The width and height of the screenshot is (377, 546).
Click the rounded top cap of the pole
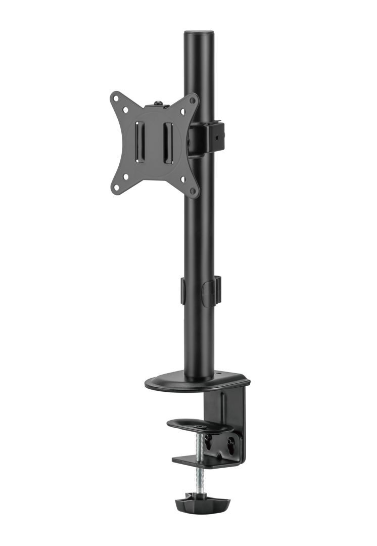click(199, 33)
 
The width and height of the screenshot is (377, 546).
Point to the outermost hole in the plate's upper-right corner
click(192, 101)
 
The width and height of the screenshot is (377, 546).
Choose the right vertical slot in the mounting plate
click(168, 143)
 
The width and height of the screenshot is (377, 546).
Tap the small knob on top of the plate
click(158, 104)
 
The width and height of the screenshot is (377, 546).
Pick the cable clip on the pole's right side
click(211, 291)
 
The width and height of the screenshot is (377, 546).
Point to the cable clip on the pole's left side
click(182, 290)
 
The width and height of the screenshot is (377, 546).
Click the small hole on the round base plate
click(219, 375)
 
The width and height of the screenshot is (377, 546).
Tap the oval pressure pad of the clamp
click(200, 426)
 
